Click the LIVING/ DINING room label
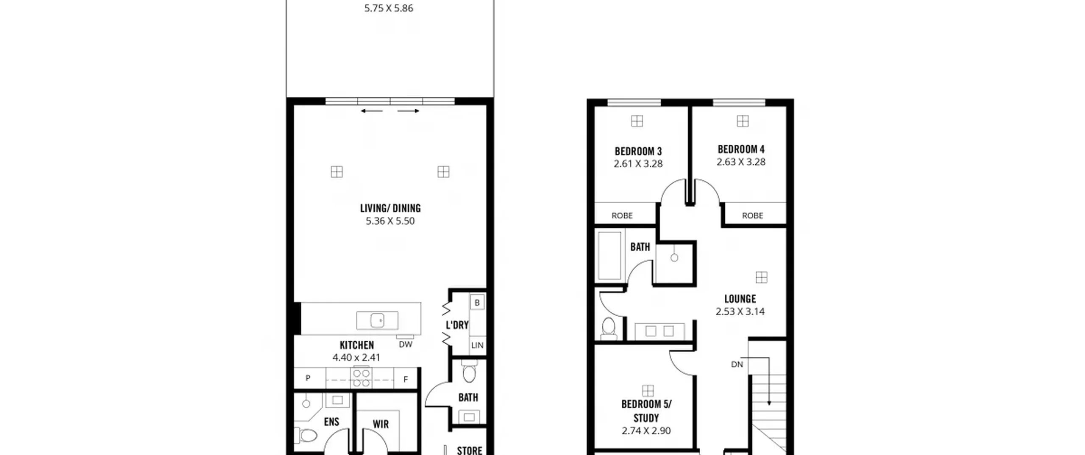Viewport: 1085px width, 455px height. (390, 208)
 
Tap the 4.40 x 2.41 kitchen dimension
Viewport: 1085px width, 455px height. (356, 358)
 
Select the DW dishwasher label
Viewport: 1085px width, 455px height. (406, 345)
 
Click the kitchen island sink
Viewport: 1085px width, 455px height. (377, 320)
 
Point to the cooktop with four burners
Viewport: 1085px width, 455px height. (362, 378)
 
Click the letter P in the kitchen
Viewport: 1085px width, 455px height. (308, 378)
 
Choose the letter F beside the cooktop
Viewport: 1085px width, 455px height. (406, 380)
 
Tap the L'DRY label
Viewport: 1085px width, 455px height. (457, 325)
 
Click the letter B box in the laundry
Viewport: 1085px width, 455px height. (477, 303)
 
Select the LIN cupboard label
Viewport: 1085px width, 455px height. (477, 345)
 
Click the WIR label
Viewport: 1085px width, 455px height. (381, 424)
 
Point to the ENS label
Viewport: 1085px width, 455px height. (331, 422)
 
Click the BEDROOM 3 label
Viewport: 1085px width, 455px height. (638, 152)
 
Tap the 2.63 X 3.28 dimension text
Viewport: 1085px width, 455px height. (741, 162)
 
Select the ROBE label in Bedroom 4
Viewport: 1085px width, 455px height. (752, 216)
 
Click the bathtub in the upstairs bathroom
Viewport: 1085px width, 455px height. (609, 255)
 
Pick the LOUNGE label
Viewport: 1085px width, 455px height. (740, 299)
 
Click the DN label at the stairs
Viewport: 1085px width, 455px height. (737, 364)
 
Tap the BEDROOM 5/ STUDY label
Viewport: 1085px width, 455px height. (646, 411)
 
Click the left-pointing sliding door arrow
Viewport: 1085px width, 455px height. (372, 111)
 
